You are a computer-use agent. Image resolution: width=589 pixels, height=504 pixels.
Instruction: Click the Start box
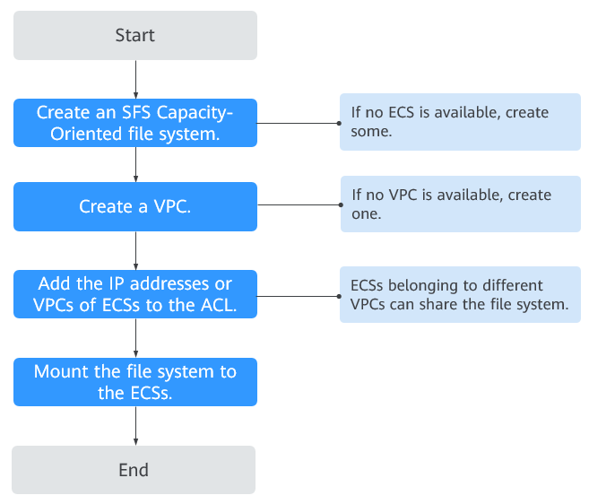click(135, 35)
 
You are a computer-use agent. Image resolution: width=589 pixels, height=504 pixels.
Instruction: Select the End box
click(134, 470)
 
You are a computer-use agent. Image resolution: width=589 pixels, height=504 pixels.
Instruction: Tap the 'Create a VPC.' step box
click(135, 206)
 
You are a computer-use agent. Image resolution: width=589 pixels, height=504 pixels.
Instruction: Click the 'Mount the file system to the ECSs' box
click(135, 382)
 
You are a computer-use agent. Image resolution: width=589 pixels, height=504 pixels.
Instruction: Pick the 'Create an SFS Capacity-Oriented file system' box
click(135, 123)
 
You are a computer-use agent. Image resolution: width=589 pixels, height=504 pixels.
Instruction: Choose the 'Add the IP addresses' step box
click(135, 294)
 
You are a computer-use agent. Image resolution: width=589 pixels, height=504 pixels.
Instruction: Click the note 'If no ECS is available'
click(460, 122)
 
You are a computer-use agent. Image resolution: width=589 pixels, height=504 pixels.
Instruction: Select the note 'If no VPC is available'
click(461, 204)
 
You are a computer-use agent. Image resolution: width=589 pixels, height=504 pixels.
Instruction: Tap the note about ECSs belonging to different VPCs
click(460, 295)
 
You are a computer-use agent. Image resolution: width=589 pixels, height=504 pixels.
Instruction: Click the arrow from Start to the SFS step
click(135, 79)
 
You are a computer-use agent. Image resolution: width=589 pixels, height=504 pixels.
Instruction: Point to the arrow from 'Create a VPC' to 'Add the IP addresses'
click(135, 251)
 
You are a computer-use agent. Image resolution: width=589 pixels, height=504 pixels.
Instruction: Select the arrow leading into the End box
click(135, 426)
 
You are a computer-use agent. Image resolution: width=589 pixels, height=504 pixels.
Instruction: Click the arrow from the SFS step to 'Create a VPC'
click(135, 165)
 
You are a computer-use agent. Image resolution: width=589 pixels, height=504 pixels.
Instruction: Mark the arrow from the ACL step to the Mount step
click(135, 338)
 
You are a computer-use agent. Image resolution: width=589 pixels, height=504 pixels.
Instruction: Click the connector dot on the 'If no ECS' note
click(339, 123)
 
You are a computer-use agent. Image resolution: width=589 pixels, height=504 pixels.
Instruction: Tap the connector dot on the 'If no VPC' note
click(341, 204)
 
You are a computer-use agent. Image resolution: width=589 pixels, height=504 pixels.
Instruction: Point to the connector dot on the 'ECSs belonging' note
click(339, 296)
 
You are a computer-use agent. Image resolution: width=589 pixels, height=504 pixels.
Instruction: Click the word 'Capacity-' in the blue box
click(195, 113)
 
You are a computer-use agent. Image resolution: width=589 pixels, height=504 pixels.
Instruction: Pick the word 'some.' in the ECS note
click(371, 132)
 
